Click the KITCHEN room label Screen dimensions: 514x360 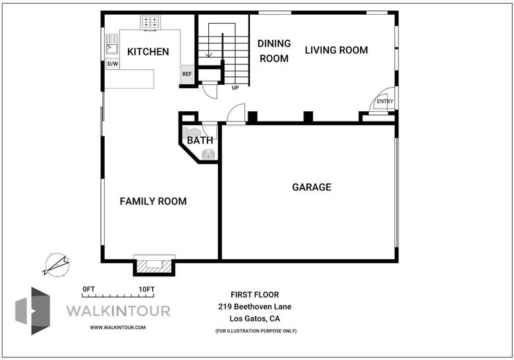pyautogui.click(x=148, y=51)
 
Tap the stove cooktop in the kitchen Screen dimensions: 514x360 pyautogui.click(x=150, y=22)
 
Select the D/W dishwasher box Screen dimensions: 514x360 pyautogui.click(x=112, y=64)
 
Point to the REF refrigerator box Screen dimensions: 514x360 pyautogui.click(x=187, y=74)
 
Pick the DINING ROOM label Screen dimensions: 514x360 pyautogui.click(x=274, y=51)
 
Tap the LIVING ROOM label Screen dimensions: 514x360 pyautogui.click(x=336, y=50)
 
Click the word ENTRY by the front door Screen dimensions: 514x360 pyautogui.click(x=385, y=102)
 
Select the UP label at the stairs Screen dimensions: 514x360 pyautogui.click(x=235, y=88)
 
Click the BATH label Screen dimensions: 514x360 pyautogui.click(x=200, y=140)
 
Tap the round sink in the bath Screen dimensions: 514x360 pyautogui.click(x=208, y=154)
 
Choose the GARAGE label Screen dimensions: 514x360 pyautogui.click(x=312, y=187)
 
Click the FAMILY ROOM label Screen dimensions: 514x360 pyautogui.click(x=153, y=201)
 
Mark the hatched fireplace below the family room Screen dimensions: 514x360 pyautogui.click(x=154, y=265)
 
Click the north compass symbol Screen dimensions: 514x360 pyautogui.click(x=57, y=264)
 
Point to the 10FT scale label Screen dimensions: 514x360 pyautogui.click(x=146, y=289)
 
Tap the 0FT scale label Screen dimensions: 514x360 pyautogui.click(x=89, y=289)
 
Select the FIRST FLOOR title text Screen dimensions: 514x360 pyautogui.click(x=254, y=295)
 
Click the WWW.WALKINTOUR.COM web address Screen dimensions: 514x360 pyautogui.click(x=118, y=327)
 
